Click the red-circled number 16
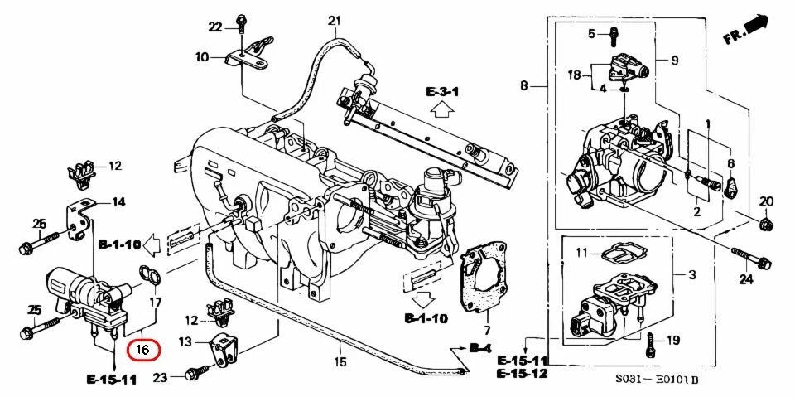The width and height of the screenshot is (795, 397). pos(142,349)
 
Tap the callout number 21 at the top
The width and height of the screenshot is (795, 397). pos(335,21)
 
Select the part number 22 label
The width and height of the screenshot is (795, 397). pos(215,27)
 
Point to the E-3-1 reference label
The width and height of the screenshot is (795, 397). pos(442,90)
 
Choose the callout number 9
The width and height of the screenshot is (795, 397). pos(673,61)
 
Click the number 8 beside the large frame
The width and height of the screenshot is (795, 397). pos(523,85)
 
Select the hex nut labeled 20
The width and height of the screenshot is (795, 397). pos(765,223)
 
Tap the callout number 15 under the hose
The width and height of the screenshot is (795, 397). pos(340,361)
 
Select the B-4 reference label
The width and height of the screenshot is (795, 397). pos(479,348)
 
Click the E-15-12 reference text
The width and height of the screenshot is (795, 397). pos(522,374)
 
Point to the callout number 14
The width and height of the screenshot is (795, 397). pos(118,201)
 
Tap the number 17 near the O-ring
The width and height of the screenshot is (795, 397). pos(154,305)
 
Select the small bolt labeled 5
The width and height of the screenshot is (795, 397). pos(614,35)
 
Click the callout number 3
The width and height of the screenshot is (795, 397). pos(692,274)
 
